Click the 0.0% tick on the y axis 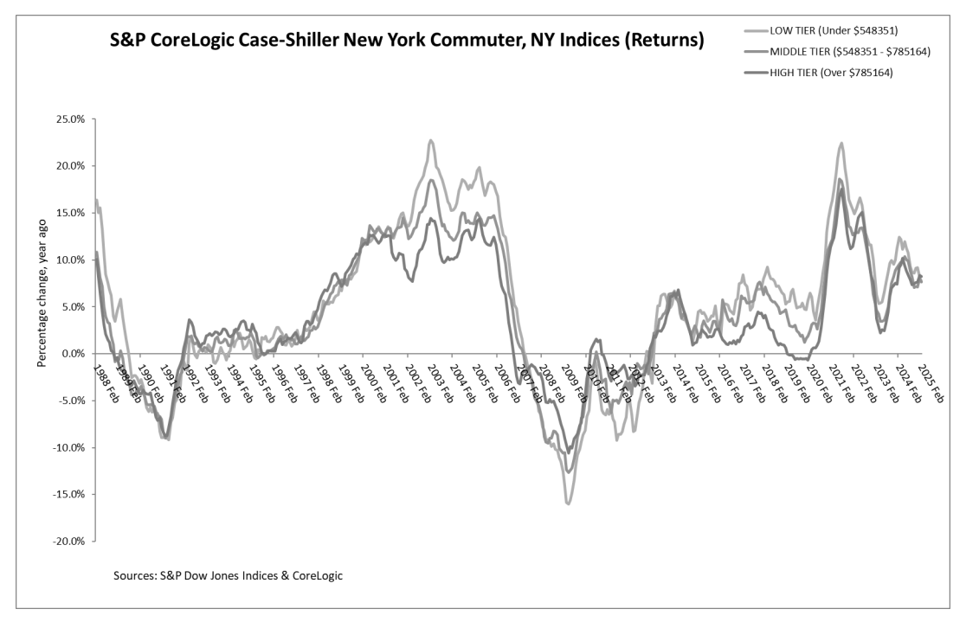(x=73, y=353)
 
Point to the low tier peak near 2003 (x=430, y=140)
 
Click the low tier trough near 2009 (x=568, y=503)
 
